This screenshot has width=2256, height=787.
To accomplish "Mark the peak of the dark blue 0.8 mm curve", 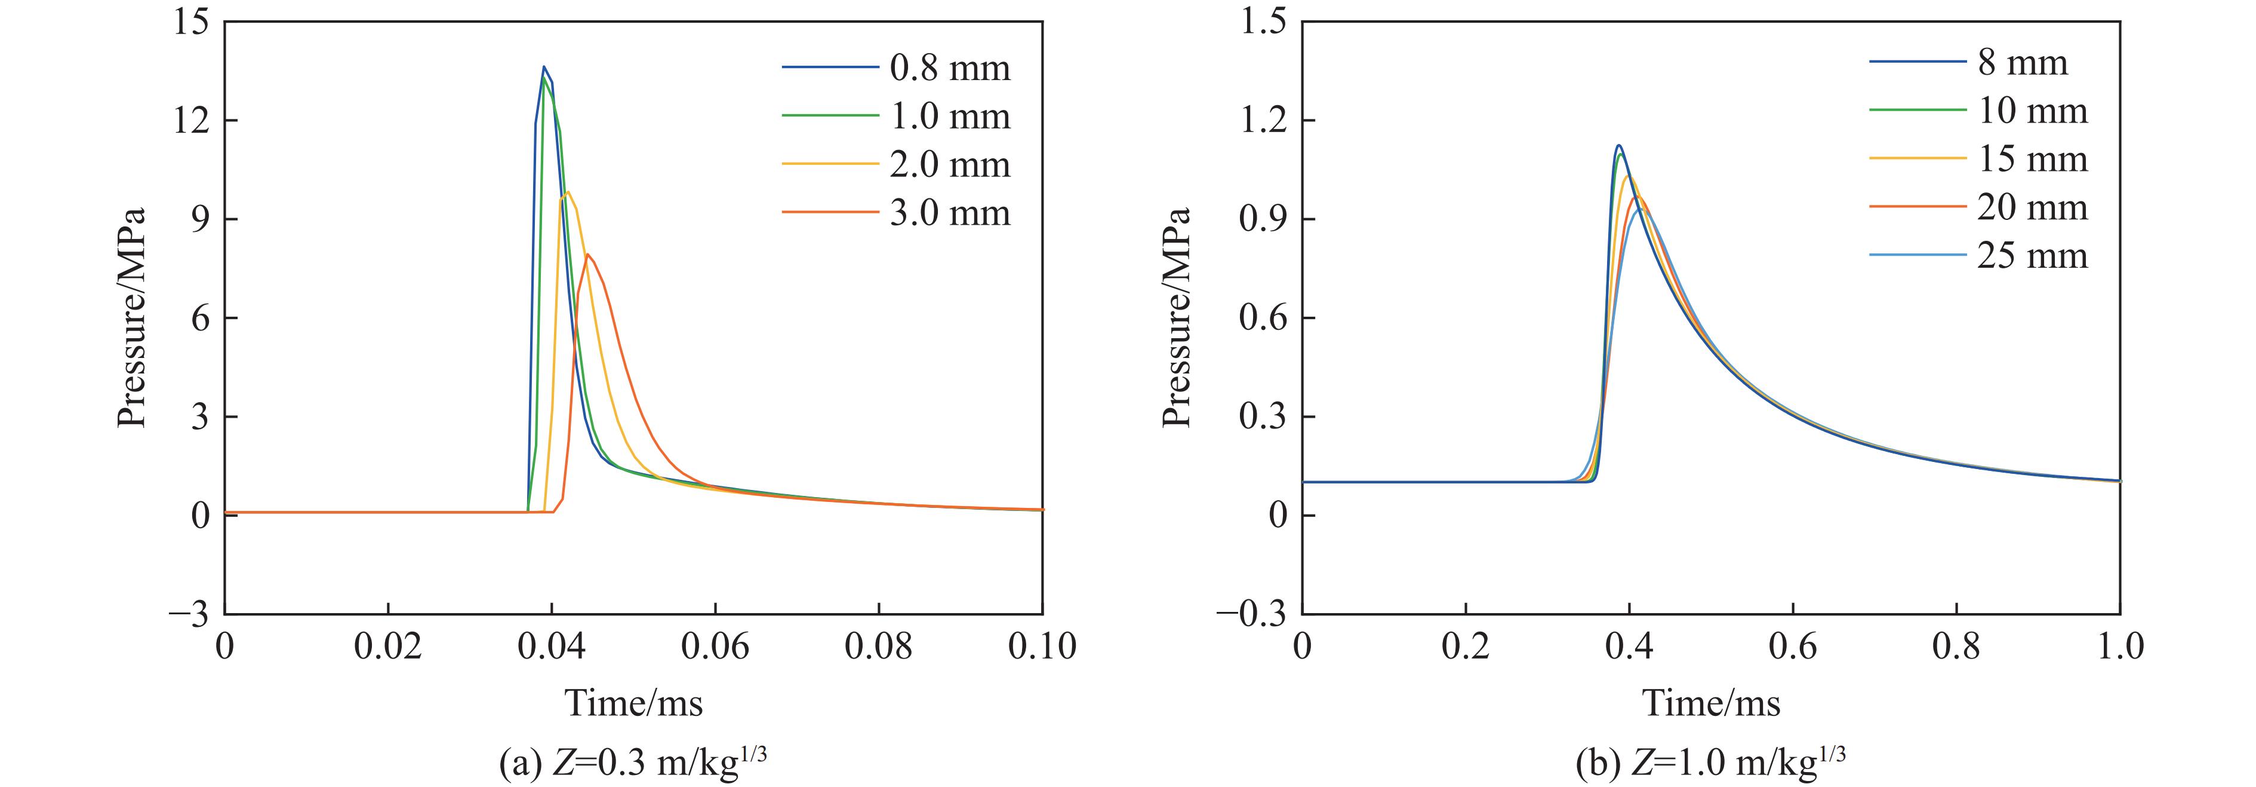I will (544, 66).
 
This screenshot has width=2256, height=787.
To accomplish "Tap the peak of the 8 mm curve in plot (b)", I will (1619, 145).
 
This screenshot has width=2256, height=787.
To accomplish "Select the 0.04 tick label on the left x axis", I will (552, 647).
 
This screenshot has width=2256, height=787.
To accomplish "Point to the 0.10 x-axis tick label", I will (1041, 647).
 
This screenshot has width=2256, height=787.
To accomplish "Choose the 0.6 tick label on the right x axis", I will (1793, 647).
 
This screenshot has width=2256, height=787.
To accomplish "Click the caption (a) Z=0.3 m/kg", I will (632, 763).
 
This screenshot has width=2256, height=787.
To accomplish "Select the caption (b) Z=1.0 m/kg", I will (1710, 763).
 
